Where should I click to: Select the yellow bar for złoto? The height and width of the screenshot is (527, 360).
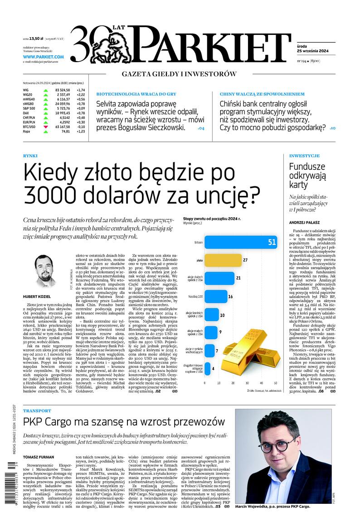223,260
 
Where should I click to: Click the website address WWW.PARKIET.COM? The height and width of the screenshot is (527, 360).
44,57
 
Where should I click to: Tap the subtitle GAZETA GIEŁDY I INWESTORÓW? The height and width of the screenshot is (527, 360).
179,74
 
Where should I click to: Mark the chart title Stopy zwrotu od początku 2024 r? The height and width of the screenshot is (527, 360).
212,219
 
